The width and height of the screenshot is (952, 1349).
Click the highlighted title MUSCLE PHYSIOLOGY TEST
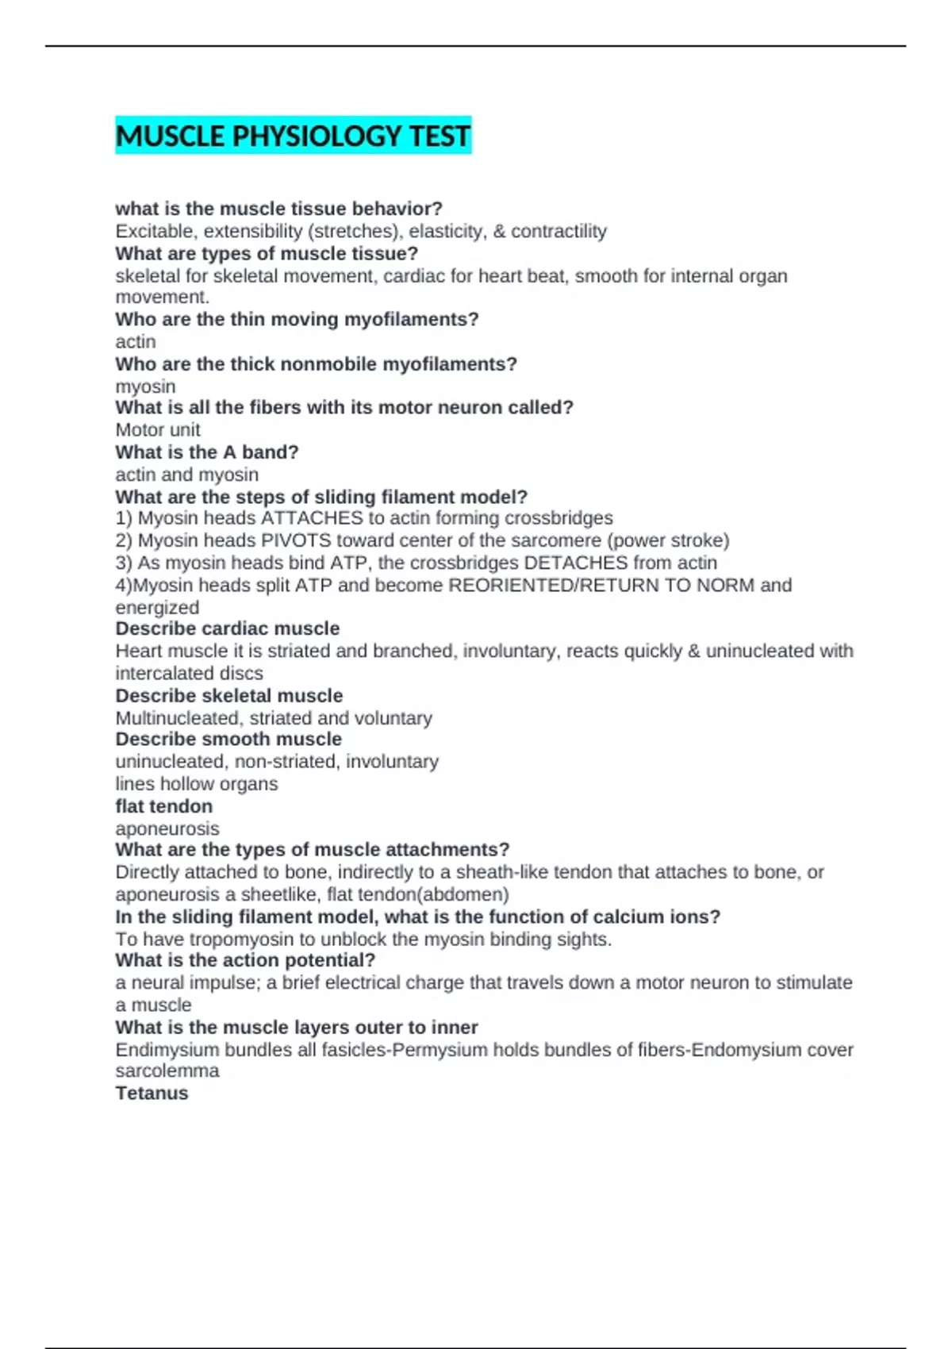(x=293, y=136)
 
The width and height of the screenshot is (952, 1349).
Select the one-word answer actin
(x=136, y=341)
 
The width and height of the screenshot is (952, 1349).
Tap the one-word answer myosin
(x=145, y=386)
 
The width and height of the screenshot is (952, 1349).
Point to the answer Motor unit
(x=158, y=429)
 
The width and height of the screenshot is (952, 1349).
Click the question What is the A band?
(x=207, y=452)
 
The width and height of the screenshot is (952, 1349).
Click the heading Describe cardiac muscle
(x=228, y=628)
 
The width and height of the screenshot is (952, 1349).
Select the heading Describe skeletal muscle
(x=229, y=696)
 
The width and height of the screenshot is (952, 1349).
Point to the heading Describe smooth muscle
(x=228, y=739)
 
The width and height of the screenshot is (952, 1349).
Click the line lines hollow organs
(x=197, y=784)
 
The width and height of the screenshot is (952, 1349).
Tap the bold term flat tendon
(x=164, y=806)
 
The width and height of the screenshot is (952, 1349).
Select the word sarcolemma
(x=167, y=1071)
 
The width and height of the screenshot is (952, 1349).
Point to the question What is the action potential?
(x=245, y=960)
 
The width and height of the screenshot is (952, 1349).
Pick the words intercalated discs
(x=189, y=673)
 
